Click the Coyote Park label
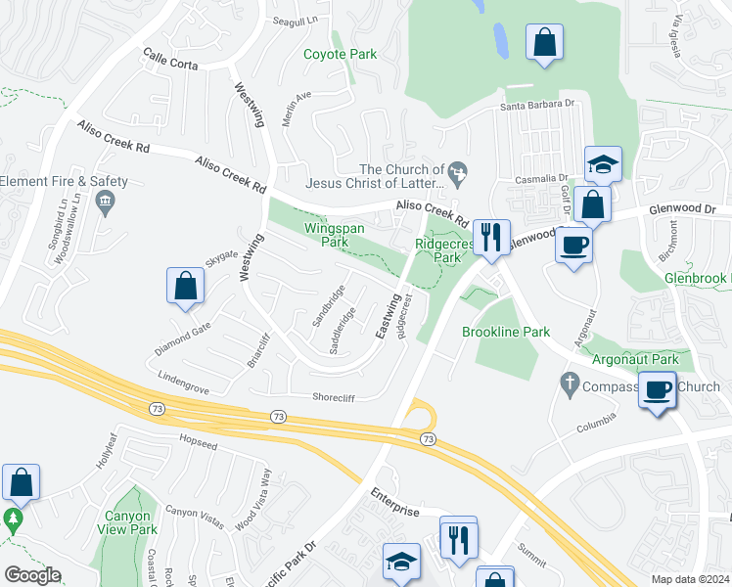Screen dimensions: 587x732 coord(340,54)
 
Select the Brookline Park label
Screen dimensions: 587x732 coord(506,332)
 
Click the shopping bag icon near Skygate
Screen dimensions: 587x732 coord(185,287)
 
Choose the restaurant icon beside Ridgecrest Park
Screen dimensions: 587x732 coord(490,236)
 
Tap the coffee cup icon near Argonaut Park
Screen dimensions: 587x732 coord(657,389)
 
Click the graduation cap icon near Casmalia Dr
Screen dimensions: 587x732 coord(604,163)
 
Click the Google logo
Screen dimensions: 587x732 coord(32,575)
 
